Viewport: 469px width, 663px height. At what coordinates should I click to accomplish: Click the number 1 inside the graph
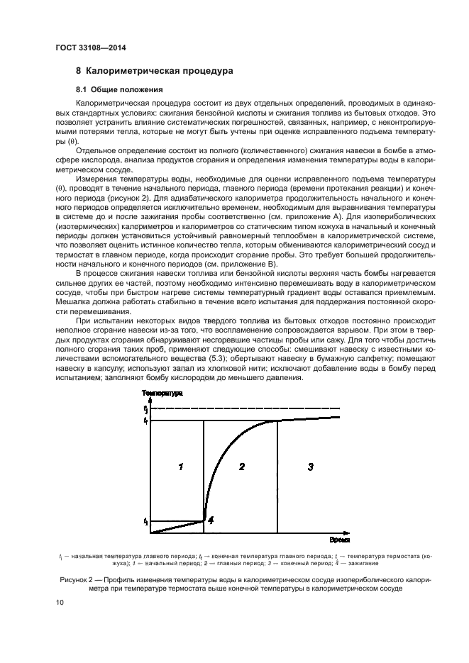(x=181, y=466)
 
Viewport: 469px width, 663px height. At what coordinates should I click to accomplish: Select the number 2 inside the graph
(x=242, y=466)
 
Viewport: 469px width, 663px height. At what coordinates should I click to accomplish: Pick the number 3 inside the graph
(x=310, y=466)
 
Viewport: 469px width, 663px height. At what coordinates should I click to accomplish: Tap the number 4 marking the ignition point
(x=211, y=519)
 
